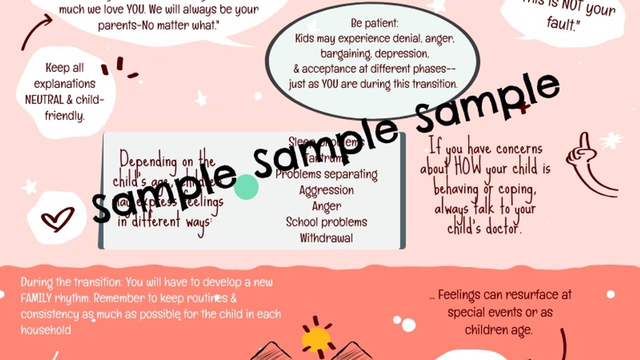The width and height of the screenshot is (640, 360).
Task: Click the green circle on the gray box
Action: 246,187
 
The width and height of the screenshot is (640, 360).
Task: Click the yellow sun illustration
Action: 316,339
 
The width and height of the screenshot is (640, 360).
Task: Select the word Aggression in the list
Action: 326,190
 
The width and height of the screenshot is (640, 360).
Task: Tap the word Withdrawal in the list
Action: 326,238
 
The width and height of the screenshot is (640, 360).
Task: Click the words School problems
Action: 326,222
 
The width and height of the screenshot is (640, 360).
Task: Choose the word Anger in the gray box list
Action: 326,206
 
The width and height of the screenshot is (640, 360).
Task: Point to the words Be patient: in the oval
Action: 372,23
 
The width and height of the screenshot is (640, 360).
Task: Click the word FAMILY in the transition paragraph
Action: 38,298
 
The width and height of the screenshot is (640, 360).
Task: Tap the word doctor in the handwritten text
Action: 501,228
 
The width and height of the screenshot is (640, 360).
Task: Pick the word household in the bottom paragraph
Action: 45,330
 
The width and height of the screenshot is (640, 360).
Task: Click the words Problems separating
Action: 326,174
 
